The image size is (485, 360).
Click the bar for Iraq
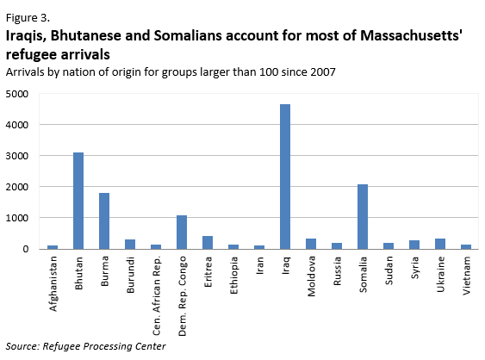[285, 177]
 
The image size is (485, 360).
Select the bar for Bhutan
[78, 201]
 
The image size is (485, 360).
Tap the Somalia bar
[363, 216]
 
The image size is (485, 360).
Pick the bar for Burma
[104, 220]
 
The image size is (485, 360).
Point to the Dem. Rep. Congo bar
[182, 232]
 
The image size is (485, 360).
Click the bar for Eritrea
[208, 242]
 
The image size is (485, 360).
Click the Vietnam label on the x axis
[467, 275]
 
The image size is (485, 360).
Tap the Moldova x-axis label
[312, 276]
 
